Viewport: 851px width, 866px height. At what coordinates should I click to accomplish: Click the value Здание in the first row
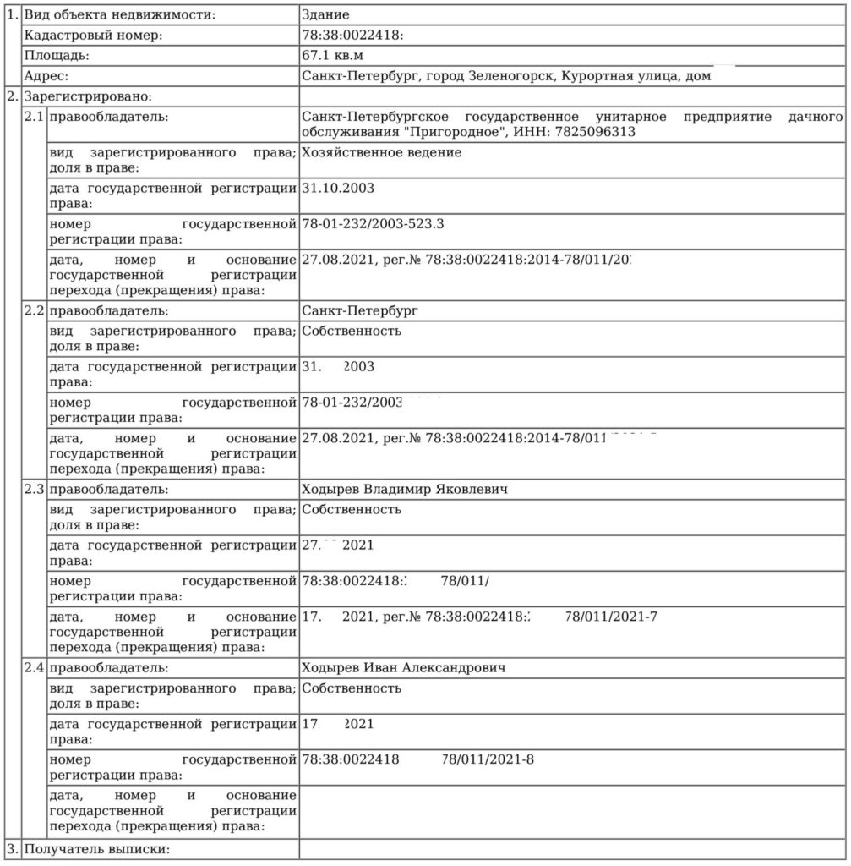tap(325, 15)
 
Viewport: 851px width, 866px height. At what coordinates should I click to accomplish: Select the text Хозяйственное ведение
tap(381, 153)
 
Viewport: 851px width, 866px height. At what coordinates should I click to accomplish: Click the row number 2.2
tap(34, 310)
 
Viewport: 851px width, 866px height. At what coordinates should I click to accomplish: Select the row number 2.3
tap(34, 489)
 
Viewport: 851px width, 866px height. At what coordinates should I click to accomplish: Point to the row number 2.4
tap(34, 668)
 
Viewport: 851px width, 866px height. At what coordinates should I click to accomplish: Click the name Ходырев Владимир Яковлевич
tap(405, 489)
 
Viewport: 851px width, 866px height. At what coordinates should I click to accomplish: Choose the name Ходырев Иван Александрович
tap(403, 668)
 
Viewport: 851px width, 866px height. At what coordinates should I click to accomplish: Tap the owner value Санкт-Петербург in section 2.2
tap(360, 310)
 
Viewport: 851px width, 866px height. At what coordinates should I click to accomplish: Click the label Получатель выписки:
tap(97, 848)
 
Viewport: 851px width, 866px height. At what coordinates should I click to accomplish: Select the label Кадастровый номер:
tap(93, 36)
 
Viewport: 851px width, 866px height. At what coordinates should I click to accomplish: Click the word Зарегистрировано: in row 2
tap(88, 96)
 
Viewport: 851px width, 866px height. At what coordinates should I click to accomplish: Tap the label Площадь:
tap(57, 56)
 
